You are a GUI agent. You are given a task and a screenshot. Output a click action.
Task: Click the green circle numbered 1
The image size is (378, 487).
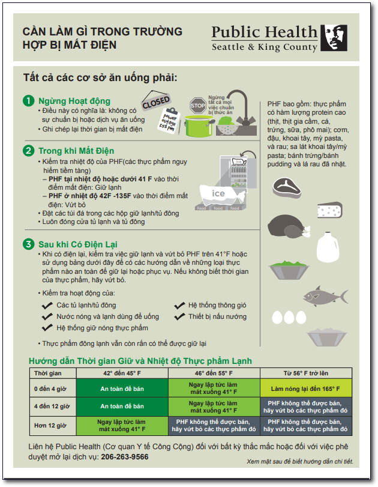[29, 101]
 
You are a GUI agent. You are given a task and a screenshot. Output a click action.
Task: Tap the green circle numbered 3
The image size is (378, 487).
[29, 244]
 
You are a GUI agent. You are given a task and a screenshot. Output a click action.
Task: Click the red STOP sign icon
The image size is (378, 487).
[197, 105]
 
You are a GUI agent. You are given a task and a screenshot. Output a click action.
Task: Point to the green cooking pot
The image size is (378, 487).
[199, 126]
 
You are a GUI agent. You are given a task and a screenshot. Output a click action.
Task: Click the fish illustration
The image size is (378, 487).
[325, 296]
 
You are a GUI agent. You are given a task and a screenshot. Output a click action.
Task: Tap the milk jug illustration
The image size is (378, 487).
[328, 247]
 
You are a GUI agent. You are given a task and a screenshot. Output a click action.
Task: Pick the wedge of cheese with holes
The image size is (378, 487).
[329, 210]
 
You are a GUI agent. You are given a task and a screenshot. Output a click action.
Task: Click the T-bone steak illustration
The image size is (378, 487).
[286, 188]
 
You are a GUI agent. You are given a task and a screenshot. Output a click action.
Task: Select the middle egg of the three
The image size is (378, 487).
[289, 318]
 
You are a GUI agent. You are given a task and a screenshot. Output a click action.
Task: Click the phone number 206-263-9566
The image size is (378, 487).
[125, 457]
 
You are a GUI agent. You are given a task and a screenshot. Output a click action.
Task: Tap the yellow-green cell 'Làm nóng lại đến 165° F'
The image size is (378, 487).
[305, 389]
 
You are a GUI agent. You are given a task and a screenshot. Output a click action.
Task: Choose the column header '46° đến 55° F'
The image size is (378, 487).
[214, 373]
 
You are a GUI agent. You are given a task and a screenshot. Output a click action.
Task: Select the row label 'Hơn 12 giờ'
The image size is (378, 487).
[50, 426]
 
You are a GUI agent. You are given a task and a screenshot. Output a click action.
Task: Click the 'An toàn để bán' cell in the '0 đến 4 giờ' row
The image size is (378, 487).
[122, 389]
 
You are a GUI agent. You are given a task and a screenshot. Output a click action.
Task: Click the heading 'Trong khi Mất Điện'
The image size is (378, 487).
[76, 151]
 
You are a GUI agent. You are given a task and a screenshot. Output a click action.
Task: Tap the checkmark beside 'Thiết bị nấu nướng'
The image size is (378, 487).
[179, 317]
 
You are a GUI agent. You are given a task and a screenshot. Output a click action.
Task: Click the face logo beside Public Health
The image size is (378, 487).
[334, 38]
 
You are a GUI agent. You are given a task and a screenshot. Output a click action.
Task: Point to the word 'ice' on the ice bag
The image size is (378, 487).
[218, 193]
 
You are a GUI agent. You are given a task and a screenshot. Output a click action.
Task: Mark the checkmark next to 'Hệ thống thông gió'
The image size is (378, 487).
[179, 306]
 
